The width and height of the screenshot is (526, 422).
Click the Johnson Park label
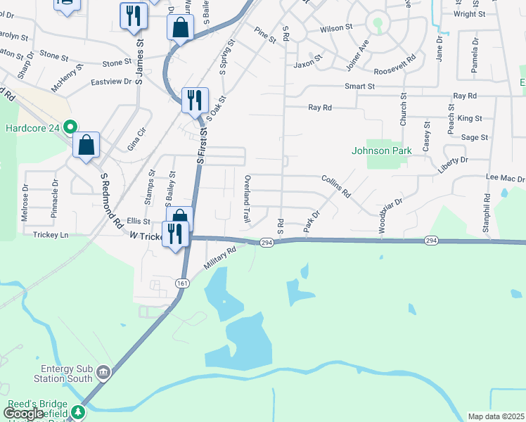pos(382,151)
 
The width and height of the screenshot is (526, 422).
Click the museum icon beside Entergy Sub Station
pos(103,371)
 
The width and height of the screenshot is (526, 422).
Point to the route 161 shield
pos(182,283)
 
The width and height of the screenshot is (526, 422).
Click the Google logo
pos(23,414)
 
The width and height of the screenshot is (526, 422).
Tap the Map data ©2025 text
pos(495,416)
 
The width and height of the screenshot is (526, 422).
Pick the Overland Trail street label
pos(247,200)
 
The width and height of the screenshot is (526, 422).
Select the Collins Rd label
pos(336,186)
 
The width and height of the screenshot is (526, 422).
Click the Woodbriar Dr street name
pos(390,216)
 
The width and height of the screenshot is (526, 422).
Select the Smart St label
pos(360,86)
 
